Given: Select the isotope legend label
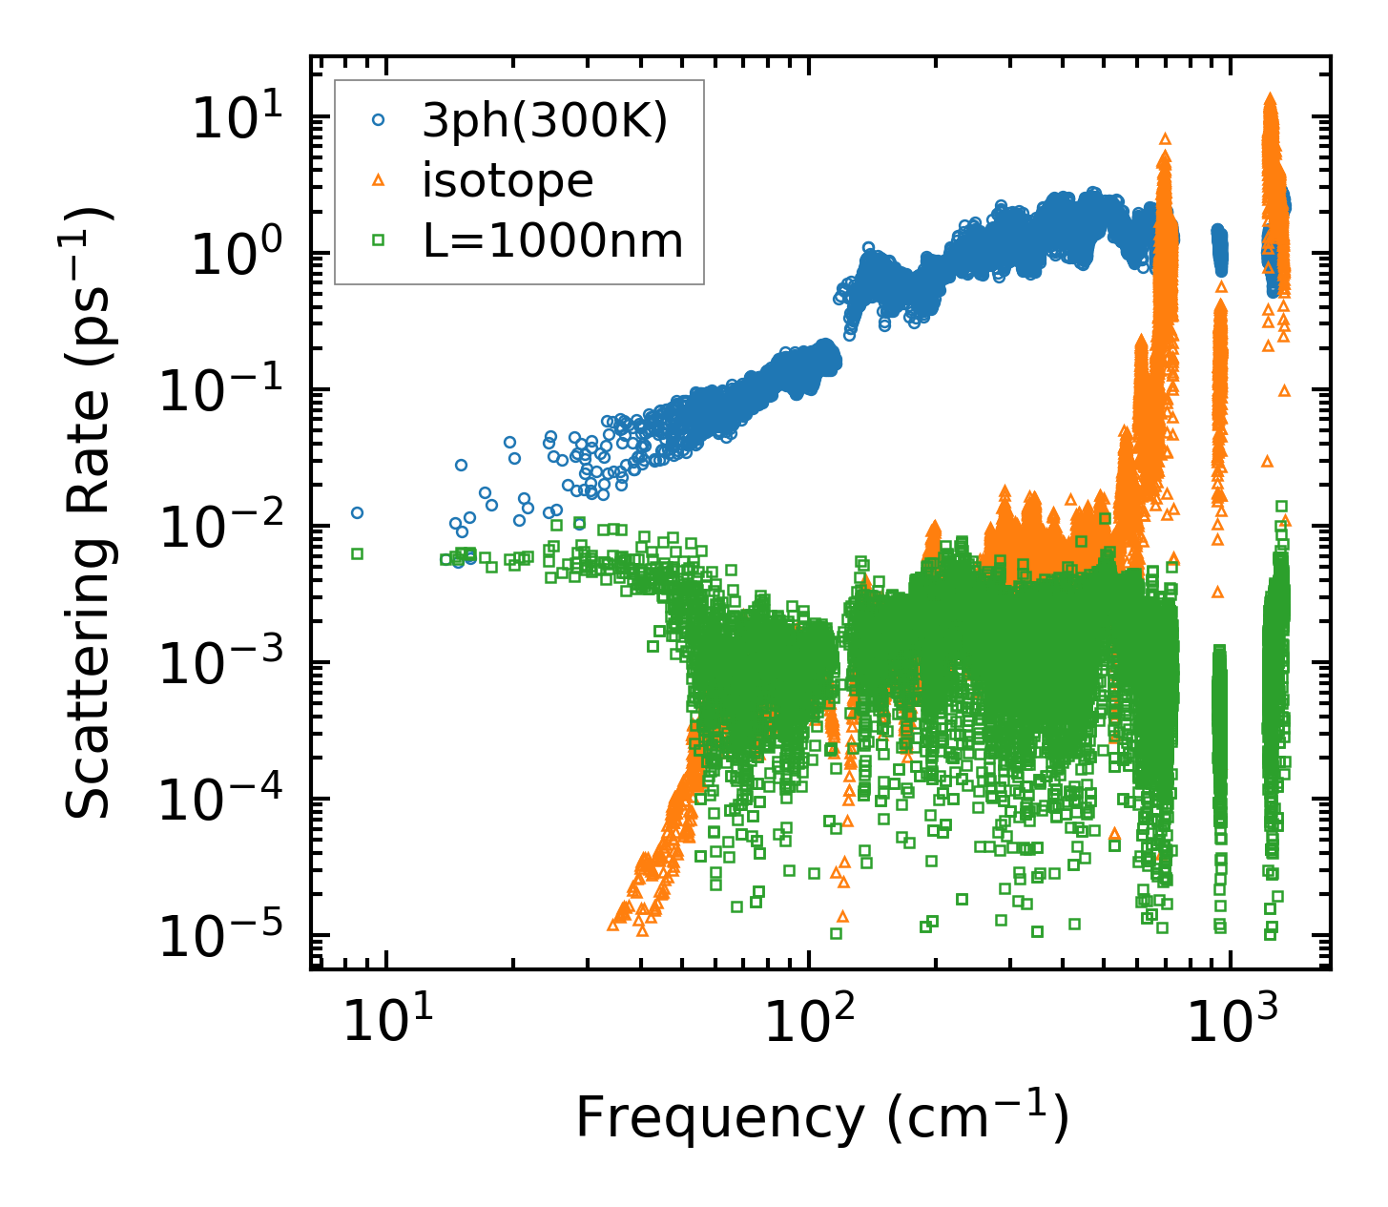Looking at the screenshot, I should [508, 180].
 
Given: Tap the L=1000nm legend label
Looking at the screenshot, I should [553, 240].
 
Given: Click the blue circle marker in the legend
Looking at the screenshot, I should [379, 120].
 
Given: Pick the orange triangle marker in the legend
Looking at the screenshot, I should [379, 180].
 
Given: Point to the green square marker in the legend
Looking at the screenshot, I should [379, 240].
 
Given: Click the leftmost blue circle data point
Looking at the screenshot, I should [358, 512].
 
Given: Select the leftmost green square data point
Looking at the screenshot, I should [358, 553].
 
